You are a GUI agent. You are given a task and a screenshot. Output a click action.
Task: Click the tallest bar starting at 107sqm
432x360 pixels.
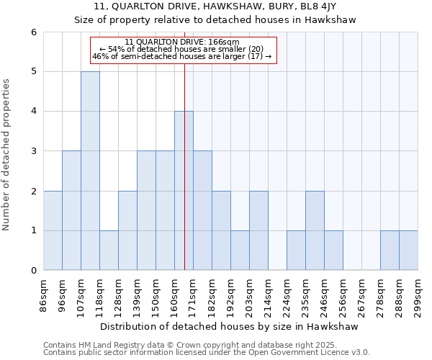pyautogui.click(x=90, y=171)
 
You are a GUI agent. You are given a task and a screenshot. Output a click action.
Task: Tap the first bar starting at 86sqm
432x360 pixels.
pyautogui.click(x=53, y=230)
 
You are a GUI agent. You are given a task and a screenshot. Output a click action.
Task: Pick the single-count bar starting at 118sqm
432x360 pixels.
pyautogui.click(x=109, y=251)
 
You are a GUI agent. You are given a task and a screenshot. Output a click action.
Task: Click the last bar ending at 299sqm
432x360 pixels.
pyautogui.click(x=408, y=251)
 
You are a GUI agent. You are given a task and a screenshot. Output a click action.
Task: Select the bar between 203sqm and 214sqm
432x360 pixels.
pyautogui.click(x=258, y=230)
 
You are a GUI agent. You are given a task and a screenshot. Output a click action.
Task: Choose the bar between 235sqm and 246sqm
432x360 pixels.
pyautogui.click(x=315, y=230)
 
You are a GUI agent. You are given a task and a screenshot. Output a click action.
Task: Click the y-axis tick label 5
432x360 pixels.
pyautogui.click(x=33, y=72)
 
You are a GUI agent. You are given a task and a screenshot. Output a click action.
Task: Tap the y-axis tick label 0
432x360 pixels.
pyautogui.click(x=33, y=271)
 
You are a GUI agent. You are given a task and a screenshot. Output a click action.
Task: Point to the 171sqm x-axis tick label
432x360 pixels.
pyautogui.click(x=193, y=295)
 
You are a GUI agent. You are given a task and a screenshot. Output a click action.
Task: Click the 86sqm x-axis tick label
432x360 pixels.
pyautogui.click(x=43, y=295)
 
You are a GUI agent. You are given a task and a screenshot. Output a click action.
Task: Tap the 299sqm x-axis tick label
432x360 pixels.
pyautogui.click(x=418, y=295)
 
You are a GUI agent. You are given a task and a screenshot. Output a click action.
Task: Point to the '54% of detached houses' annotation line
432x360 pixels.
pyautogui.click(x=183, y=49)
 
